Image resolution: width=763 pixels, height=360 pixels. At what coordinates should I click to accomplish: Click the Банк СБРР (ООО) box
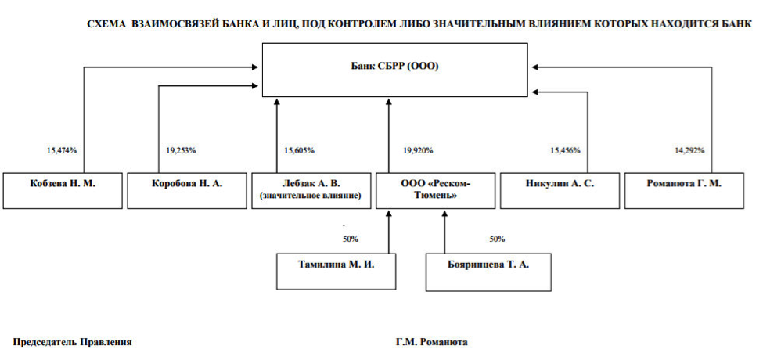[x=394, y=70]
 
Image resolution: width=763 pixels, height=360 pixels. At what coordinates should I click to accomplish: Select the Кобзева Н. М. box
[x=63, y=191]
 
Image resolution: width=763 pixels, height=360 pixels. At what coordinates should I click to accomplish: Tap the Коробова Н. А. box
[x=187, y=191]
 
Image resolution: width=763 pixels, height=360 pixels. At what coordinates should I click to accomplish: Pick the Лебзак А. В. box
[x=311, y=191]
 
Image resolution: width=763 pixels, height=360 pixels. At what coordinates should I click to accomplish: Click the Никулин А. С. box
[x=560, y=191]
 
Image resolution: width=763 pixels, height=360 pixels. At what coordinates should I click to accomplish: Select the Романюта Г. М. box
[x=684, y=191]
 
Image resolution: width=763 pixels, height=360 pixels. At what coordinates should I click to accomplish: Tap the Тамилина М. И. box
[x=337, y=272]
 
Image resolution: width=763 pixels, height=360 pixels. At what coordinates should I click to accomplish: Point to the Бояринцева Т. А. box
[x=488, y=272]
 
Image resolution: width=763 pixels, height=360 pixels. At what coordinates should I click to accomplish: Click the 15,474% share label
[x=62, y=151]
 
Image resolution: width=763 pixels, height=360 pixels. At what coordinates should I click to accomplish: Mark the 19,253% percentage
[x=181, y=151]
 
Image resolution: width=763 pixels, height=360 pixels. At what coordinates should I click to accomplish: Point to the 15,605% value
[x=299, y=151]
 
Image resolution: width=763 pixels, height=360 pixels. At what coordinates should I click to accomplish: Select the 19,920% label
[x=418, y=151]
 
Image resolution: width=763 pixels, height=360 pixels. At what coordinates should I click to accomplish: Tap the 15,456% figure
[x=565, y=151]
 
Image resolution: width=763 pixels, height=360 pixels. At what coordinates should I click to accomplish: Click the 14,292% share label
[x=689, y=151]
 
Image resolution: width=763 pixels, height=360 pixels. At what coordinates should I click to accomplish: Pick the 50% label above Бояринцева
[x=497, y=239]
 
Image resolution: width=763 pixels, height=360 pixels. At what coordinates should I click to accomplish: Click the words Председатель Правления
[x=72, y=343]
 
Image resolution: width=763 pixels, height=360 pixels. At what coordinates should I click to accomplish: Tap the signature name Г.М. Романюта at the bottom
[x=432, y=343]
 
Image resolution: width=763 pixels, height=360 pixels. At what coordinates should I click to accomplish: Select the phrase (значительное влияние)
[x=311, y=196]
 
